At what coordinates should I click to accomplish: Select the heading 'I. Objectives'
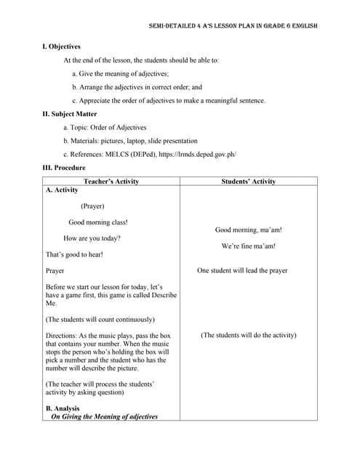(62, 46)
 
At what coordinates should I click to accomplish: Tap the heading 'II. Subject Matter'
(70, 114)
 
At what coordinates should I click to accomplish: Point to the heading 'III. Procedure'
(64, 168)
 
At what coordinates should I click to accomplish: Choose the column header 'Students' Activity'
(248, 182)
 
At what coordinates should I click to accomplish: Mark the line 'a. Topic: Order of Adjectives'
(105, 128)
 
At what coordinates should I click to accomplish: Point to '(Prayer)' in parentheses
(92, 206)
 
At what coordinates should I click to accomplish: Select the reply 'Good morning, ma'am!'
(248, 230)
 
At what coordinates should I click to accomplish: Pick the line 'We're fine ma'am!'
(248, 246)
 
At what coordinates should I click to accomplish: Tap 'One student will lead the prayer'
(242, 271)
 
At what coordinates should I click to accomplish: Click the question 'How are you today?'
(92, 238)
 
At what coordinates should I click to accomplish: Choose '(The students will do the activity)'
(248, 336)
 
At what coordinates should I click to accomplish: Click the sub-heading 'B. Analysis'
(63, 408)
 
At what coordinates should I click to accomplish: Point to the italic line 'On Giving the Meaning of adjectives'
(104, 417)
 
